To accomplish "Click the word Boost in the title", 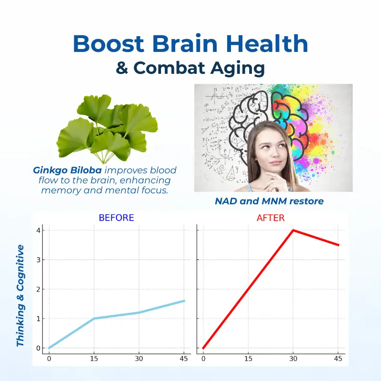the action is [x=109, y=43].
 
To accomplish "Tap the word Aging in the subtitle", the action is [x=237, y=69].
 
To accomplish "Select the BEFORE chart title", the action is [x=116, y=218].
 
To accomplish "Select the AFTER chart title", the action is [x=271, y=218].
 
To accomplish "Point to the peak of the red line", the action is [x=293, y=230].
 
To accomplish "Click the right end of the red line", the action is [x=339, y=245].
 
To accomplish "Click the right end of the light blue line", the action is [x=184, y=301].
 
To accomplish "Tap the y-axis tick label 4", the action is [x=38, y=231].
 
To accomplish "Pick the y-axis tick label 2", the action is [x=38, y=290].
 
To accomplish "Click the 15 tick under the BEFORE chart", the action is [x=94, y=359].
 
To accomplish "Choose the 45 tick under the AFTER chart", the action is [x=338, y=359].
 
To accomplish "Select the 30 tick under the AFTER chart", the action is [x=293, y=359].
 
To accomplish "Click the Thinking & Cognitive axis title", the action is [x=20, y=295].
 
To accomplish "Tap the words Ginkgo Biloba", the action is [x=67, y=170].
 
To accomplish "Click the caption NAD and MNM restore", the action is [x=269, y=201].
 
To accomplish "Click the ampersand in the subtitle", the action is [x=122, y=68].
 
